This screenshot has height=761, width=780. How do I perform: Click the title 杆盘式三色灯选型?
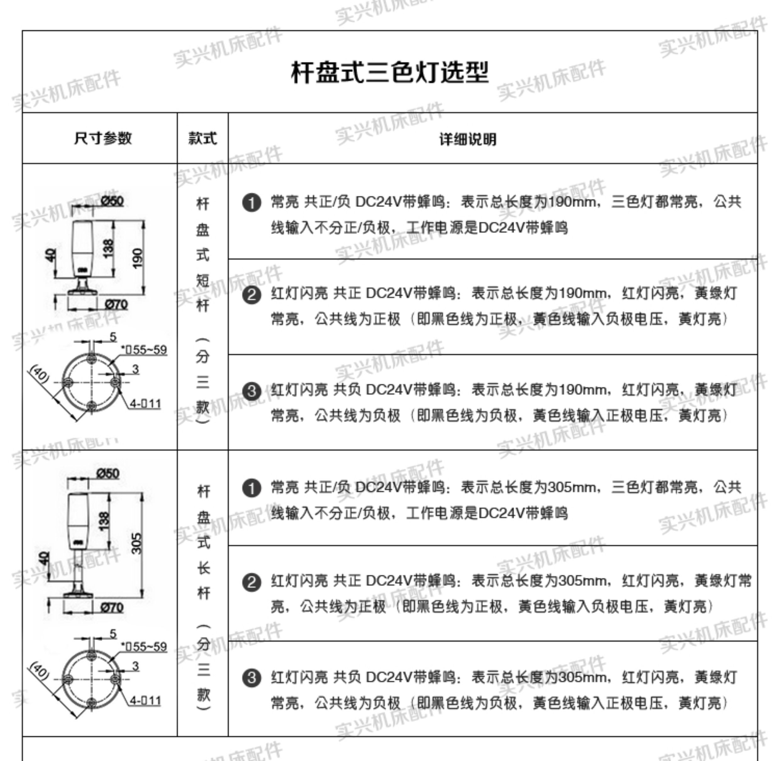click(x=390, y=73)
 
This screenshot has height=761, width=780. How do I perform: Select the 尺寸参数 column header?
click(x=103, y=138)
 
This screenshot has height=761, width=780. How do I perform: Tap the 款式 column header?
click(x=203, y=138)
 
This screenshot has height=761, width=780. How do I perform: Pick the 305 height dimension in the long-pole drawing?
click(x=136, y=544)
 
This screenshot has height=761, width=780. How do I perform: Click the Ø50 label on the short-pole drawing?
click(x=112, y=201)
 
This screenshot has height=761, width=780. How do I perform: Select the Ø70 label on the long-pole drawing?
click(x=112, y=608)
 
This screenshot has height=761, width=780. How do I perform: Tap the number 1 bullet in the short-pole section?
click(x=252, y=203)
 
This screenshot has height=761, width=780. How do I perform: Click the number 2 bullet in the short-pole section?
click(x=252, y=295)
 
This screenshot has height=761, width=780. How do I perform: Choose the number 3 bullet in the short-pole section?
click(x=252, y=391)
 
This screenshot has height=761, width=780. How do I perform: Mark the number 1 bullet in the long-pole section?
click(x=252, y=488)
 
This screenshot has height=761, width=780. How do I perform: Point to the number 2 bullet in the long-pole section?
click(x=252, y=582)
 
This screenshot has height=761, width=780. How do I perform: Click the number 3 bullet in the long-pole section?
click(x=252, y=678)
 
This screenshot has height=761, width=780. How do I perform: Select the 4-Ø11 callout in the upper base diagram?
click(x=145, y=404)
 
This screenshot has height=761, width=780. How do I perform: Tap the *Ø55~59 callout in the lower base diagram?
click(x=144, y=647)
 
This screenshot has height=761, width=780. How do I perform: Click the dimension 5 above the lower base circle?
click(x=113, y=634)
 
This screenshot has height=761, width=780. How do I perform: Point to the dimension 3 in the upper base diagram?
click(x=136, y=369)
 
